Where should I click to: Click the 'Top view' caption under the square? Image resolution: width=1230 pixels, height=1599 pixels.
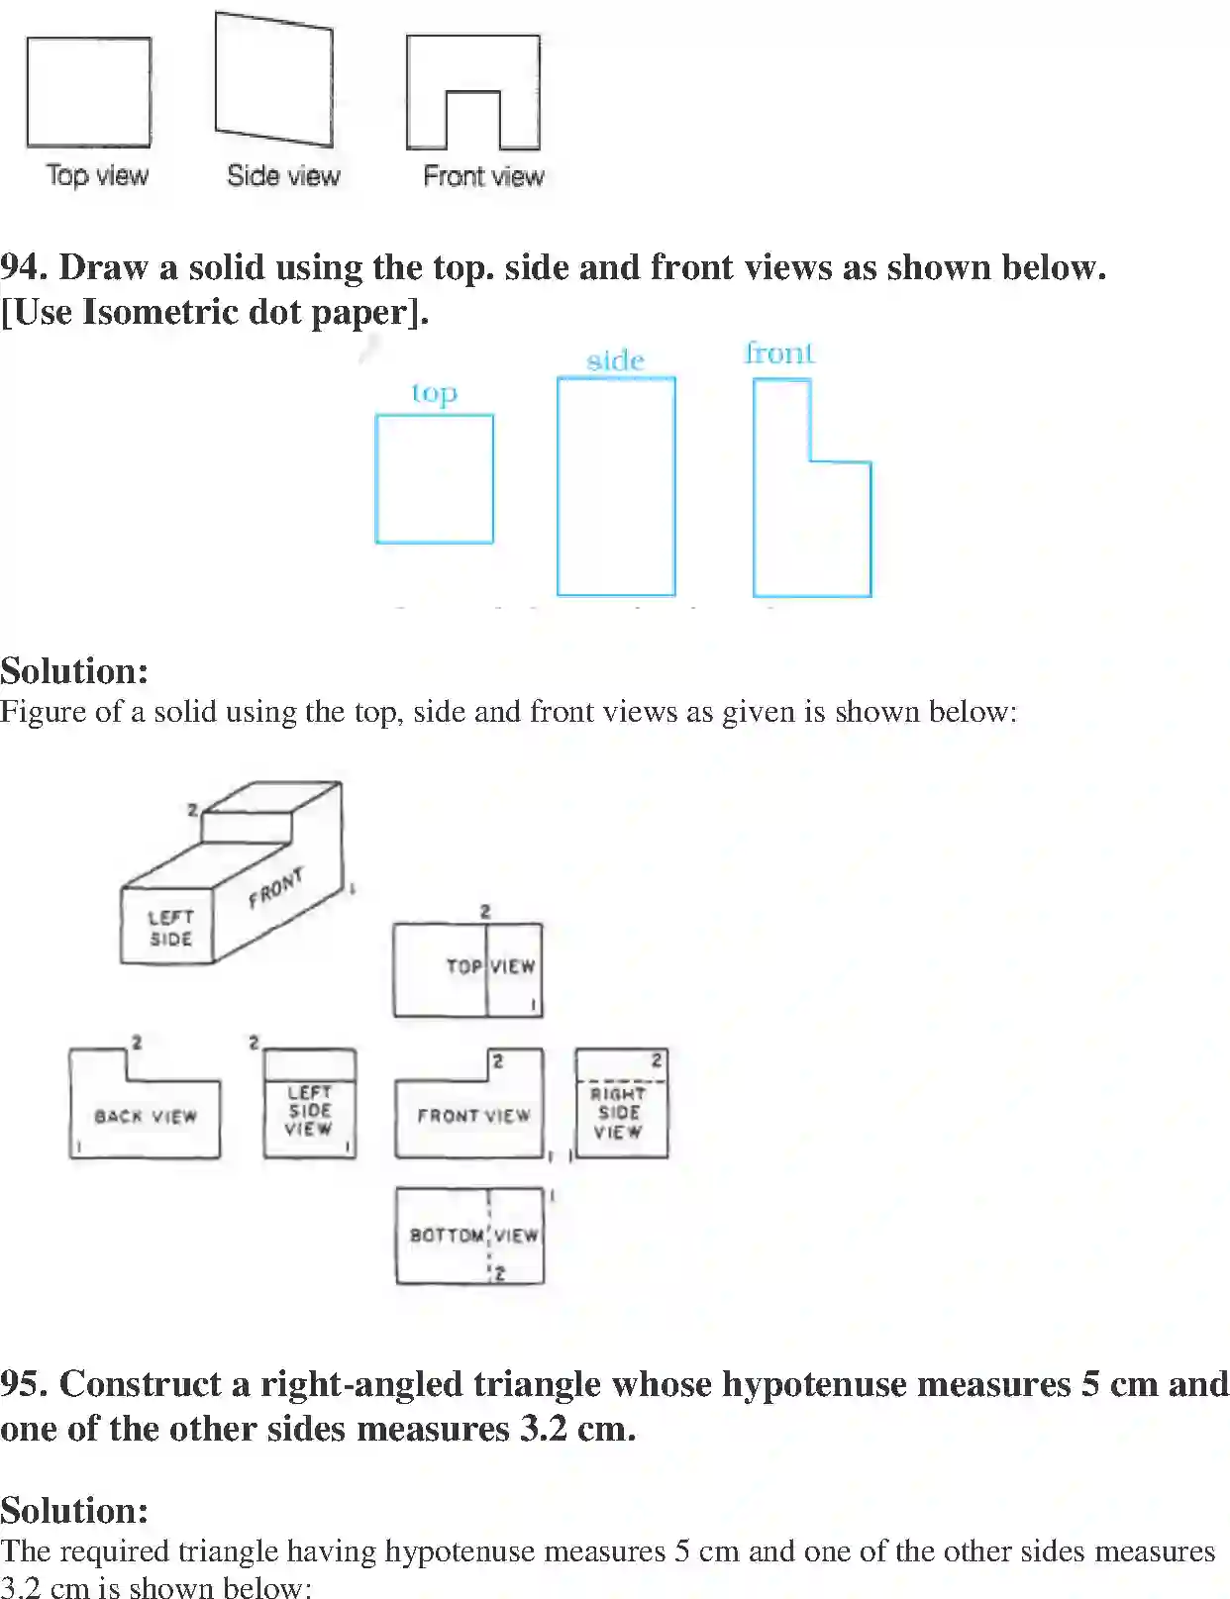(97, 175)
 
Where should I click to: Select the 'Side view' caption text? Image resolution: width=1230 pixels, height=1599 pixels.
(283, 175)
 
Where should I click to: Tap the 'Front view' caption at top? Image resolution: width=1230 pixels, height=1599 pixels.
(483, 176)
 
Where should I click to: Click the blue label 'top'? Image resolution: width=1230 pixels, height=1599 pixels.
(435, 393)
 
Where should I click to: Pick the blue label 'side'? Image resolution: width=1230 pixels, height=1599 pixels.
(615, 359)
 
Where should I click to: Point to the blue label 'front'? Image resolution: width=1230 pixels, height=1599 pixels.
(779, 352)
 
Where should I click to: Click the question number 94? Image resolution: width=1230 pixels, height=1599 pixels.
(23, 267)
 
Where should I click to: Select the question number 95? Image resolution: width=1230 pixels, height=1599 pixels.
(23, 1383)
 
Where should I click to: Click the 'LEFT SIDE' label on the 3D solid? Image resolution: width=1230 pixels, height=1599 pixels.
(169, 928)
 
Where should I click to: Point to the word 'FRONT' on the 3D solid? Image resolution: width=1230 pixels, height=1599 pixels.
(276, 887)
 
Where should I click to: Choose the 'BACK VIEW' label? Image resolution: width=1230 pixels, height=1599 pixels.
(146, 1116)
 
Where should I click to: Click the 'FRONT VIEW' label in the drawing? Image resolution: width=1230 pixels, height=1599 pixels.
(473, 1116)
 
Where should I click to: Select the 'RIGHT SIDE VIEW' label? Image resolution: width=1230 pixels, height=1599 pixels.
(619, 1113)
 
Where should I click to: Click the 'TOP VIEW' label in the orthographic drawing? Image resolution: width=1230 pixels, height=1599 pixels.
(490, 965)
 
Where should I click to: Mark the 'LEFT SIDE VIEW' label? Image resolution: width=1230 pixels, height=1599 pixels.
(309, 1110)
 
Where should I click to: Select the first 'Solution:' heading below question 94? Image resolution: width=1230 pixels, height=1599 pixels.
(74, 671)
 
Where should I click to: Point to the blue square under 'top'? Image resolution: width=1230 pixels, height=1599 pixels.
(435, 479)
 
